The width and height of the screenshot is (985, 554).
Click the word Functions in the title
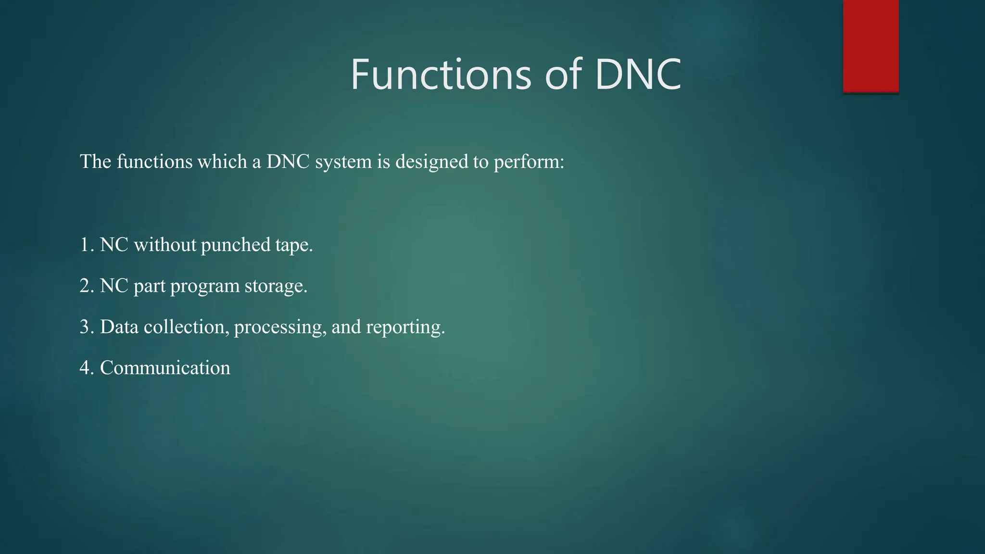[x=441, y=75]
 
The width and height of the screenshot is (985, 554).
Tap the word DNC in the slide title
[x=638, y=75]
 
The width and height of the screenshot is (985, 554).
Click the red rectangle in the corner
[x=871, y=46]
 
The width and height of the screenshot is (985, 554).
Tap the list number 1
[x=85, y=245]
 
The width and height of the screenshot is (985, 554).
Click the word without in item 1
[x=165, y=245]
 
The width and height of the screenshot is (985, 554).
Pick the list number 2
[x=85, y=286]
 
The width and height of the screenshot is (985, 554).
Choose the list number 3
[x=85, y=327]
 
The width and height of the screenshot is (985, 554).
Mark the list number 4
[x=85, y=368]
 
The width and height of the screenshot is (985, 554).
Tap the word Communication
[x=165, y=368]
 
